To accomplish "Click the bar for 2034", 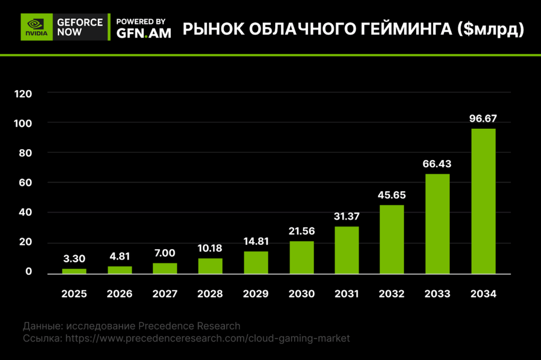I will (x=483, y=201).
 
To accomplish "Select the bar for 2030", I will (x=301, y=258).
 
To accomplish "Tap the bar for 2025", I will (x=74, y=271).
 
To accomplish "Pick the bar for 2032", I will (x=392, y=239).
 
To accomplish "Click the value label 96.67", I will (x=483, y=118).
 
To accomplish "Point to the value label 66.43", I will (x=437, y=164).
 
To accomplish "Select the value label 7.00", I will (x=165, y=253).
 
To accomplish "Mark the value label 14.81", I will (x=256, y=242).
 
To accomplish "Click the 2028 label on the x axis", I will (x=210, y=294).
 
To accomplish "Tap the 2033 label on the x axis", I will (x=437, y=294).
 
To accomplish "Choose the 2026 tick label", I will (x=119, y=294).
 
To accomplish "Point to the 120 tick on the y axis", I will (x=24, y=93).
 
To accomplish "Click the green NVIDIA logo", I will (x=36, y=27).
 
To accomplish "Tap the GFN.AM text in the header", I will (x=143, y=33).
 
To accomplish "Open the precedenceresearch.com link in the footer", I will (x=208, y=338).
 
